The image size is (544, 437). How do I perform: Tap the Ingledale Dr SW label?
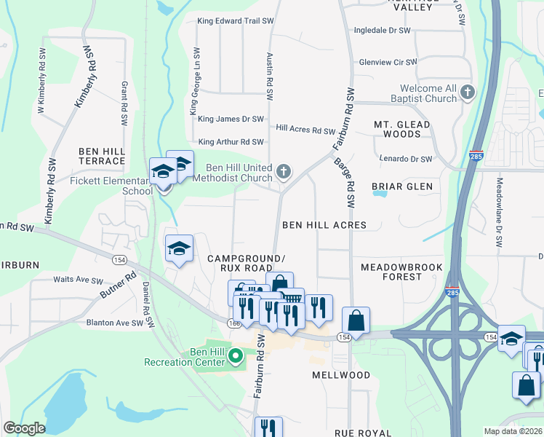(382, 31)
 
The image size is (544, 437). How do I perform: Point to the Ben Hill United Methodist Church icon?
(284, 172)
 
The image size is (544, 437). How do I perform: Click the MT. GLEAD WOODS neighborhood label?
(402, 129)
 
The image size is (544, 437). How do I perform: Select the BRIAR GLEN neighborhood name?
(402, 186)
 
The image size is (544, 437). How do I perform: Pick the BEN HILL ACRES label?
(324, 225)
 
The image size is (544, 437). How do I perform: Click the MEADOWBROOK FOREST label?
(401, 272)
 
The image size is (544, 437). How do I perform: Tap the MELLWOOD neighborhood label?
(341, 375)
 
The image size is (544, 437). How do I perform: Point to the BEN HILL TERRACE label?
(102, 155)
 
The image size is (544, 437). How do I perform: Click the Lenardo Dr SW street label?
(406, 159)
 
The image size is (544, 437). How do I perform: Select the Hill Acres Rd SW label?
(305, 130)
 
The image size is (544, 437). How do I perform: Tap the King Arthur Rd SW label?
(231, 141)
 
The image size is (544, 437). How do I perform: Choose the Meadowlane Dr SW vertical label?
(500, 212)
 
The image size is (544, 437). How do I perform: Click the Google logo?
(24, 428)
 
